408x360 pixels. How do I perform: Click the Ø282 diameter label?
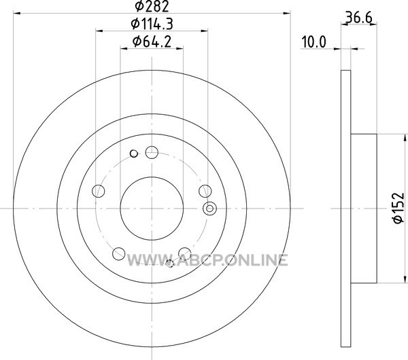pyautogui.click(x=152, y=6)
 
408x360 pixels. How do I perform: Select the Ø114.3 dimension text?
pyautogui.click(x=152, y=24)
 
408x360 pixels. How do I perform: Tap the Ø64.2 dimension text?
pyautogui.click(x=152, y=41)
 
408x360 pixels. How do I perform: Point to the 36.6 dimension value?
pyautogui.click(x=359, y=18)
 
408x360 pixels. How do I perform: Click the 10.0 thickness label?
pyautogui.click(x=313, y=42)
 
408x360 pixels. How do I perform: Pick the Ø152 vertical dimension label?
pyautogui.click(x=398, y=208)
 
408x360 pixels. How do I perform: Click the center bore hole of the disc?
pyautogui.click(x=152, y=209)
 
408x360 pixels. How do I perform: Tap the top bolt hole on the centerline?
pyautogui.click(x=152, y=152)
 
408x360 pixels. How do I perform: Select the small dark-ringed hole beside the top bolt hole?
pyautogui.click(x=134, y=154)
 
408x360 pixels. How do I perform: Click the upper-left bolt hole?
pyautogui.click(x=99, y=191)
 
